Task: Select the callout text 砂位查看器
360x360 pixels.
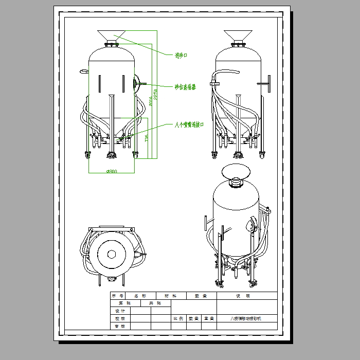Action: click(185, 87)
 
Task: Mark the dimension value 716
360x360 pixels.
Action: click(147, 138)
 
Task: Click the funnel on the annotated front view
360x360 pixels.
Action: click(112, 36)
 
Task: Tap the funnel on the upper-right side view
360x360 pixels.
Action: click(237, 36)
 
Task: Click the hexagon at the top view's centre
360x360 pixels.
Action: click(112, 254)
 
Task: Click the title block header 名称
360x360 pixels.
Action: click(140, 296)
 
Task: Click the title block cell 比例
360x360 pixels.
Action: click(178, 319)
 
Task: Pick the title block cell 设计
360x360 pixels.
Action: click(120, 311)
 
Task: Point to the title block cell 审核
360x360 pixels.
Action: click(120, 326)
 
